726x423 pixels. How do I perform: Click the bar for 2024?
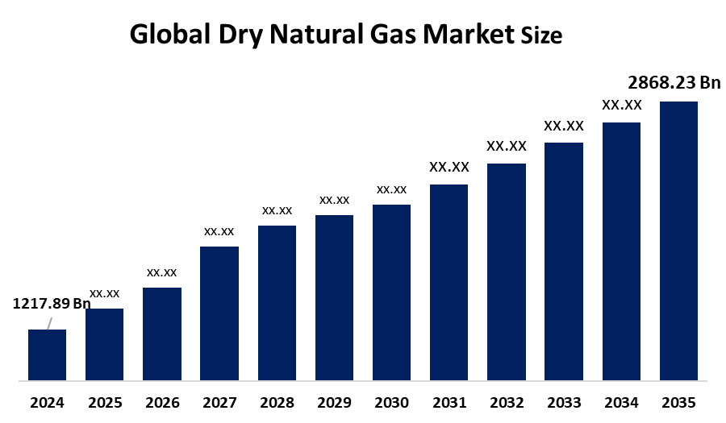tap(47, 355)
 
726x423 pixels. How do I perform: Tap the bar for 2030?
tap(391, 292)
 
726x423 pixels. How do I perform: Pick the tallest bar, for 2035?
tap(678, 240)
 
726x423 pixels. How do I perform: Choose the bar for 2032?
tap(507, 272)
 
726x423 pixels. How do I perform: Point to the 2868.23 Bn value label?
tap(674, 83)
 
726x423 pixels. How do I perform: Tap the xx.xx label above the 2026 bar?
tap(161, 272)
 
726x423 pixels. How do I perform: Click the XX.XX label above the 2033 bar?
tap(564, 126)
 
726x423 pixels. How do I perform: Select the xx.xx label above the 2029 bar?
tap(334, 200)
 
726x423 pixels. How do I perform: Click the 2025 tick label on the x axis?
tap(104, 402)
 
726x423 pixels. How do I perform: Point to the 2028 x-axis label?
tap(277, 402)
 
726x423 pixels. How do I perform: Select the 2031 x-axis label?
tap(449, 402)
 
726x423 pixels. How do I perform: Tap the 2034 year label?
tap(621, 402)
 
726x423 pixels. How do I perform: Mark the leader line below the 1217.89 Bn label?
tap(49, 322)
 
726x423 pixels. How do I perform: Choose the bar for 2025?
tap(104, 344)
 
